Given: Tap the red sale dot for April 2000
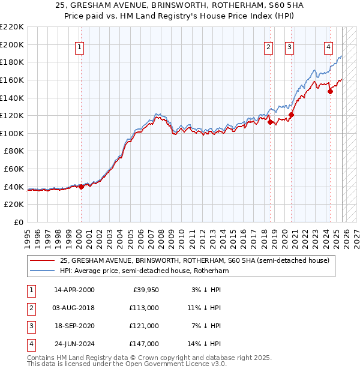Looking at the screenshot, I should [x=81, y=187].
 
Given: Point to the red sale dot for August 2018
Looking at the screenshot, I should [x=270, y=122].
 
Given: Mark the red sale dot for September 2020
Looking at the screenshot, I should [x=292, y=115].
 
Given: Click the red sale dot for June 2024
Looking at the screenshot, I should [x=330, y=91].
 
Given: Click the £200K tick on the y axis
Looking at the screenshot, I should [x=12, y=44].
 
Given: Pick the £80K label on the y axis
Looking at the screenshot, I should [x=14, y=151].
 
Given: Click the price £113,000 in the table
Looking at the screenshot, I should [x=145, y=307].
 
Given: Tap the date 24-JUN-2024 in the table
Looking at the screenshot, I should [x=74, y=344].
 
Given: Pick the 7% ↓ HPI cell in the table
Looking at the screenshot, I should [x=205, y=326].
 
